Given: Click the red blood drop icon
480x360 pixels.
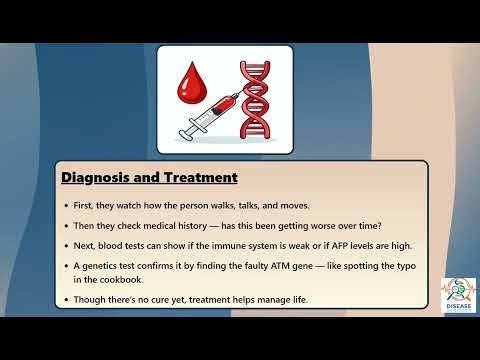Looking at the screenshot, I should (195, 85).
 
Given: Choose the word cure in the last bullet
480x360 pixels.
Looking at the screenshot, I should (163, 299).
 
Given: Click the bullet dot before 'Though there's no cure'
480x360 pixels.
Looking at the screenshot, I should (66, 299).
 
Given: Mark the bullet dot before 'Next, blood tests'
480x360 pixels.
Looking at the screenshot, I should (66, 244).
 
